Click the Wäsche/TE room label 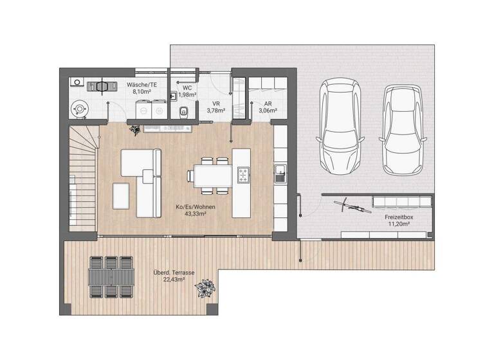(142, 84)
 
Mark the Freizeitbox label (399, 217)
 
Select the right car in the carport (402, 130)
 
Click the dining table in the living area (209, 175)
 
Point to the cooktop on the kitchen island (243, 174)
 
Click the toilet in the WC (185, 111)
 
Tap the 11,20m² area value (399, 225)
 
